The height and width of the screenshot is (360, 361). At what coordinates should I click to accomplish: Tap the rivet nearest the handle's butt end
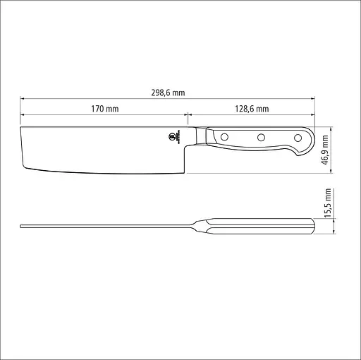295,138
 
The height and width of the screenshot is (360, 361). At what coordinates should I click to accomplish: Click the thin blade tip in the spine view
23,227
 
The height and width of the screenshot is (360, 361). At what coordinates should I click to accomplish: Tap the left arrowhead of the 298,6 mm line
22,98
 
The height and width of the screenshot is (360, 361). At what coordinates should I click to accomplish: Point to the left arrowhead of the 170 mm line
22,114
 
